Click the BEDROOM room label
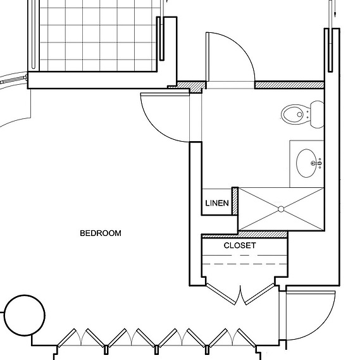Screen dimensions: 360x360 tap(101, 233)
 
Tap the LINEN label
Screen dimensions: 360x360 tap(217, 203)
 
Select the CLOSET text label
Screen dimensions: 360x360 tap(240, 245)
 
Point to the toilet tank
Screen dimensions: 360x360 tap(317, 115)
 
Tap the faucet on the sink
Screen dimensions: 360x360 tap(316, 163)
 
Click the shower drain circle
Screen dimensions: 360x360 tap(281, 209)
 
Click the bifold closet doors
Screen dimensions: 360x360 tap(240, 294)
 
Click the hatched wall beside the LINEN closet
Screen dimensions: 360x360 tap(235, 201)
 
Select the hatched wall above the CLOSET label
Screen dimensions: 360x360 tap(245, 235)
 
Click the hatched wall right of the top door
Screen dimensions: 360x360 tap(290, 85)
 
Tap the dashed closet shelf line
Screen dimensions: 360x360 tap(245, 264)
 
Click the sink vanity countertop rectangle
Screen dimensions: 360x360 tap(307, 164)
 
